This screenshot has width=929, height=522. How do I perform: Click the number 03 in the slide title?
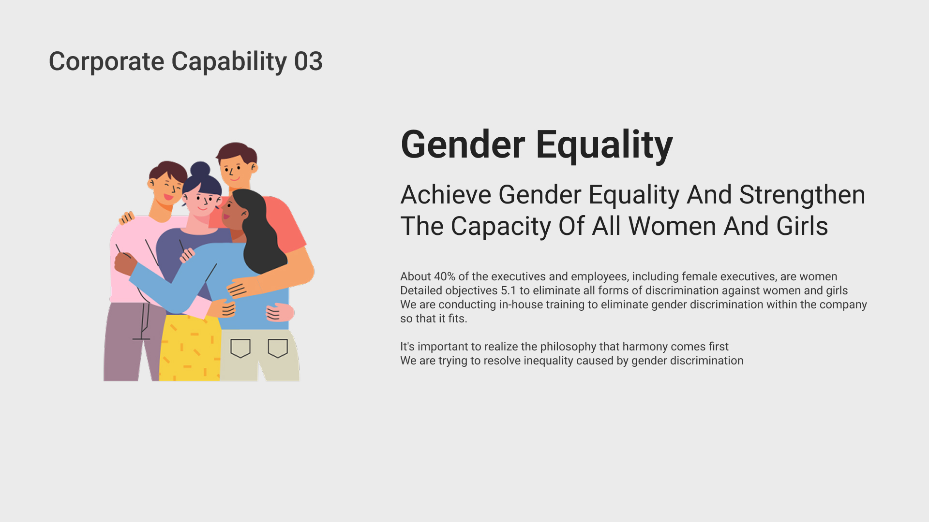[308, 62]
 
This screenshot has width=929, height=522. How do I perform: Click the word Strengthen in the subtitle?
[802, 195]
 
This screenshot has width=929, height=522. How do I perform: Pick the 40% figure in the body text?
[445, 276]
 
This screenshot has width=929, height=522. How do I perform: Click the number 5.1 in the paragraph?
[509, 290]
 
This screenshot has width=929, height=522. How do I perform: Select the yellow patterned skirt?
[190, 348]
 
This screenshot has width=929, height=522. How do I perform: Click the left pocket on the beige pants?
[240, 348]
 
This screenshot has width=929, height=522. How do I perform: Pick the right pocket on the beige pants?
[278, 348]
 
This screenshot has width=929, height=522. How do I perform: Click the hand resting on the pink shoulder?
[127, 218]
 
